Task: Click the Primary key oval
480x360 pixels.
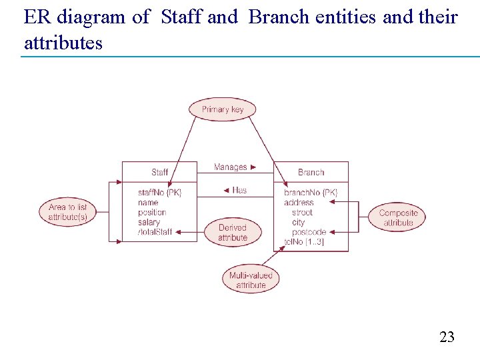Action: coord(223,109)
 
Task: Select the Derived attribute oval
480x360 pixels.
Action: coord(232,232)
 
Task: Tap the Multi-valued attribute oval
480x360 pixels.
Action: coord(251,280)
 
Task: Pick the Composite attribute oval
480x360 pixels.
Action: coord(398,218)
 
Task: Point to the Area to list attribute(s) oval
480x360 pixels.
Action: coord(68,212)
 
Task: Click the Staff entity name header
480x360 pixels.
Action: coord(159,172)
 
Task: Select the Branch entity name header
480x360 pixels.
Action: coord(311,172)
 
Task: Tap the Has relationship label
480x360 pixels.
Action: coord(235,190)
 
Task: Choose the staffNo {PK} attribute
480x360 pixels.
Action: coord(159,193)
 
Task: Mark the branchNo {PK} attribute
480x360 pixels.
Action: coord(311,193)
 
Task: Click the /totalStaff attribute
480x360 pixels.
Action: coord(155,232)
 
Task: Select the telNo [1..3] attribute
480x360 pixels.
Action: coord(304,242)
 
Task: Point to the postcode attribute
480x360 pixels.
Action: coord(309,232)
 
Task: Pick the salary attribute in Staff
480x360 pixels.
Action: coord(149,222)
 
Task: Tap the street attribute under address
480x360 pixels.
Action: coord(302,212)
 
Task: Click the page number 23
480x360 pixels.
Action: coord(447,337)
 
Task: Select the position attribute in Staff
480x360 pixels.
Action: coord(151,212)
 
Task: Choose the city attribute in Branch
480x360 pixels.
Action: coord(298,222)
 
